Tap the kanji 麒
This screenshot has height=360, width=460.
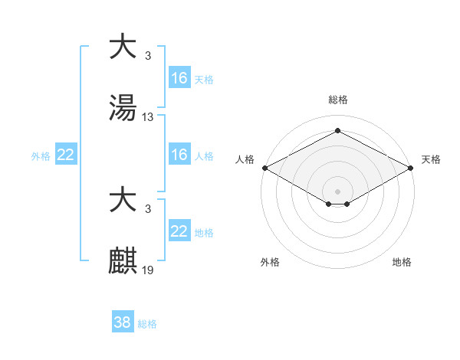pos(123,261)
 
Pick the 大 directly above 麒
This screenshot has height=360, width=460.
pos(123,200)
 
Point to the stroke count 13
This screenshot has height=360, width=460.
pos(148,117)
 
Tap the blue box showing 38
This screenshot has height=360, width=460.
pos(123,322)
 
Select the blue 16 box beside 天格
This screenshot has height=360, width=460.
pos(179,78)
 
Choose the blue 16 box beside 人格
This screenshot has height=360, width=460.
pos(179,155)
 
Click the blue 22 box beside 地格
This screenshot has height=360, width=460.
pos(179,231)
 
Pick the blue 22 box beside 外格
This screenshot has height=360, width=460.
pos(66,155)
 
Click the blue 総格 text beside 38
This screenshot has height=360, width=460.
pos(147,324)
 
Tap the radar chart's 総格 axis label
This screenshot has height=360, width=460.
pos(338,100)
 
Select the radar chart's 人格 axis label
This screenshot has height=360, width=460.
pos(244,159)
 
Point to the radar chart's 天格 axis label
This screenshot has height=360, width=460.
pos(431,159)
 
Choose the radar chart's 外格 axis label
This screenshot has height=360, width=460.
pos(270,262)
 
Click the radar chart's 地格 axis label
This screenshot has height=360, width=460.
pos(402,262)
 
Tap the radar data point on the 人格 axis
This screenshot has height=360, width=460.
pos(264,168)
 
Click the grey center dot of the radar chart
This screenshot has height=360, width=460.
pos(338,191)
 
